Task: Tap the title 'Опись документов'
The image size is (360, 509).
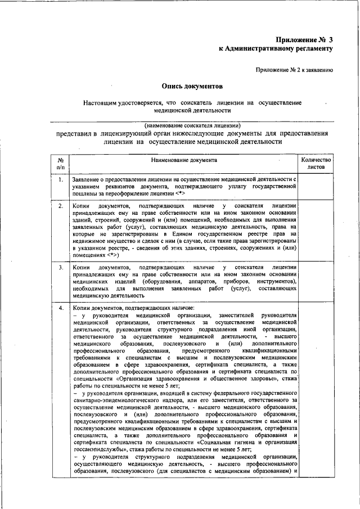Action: [192, 87]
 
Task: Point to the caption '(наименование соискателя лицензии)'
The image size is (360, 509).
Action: [192, 124]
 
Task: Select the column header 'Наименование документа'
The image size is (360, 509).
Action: [183, 160]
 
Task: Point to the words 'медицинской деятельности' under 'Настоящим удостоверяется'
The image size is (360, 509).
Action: [192, 111]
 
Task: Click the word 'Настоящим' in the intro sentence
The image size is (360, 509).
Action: [101, 103]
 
